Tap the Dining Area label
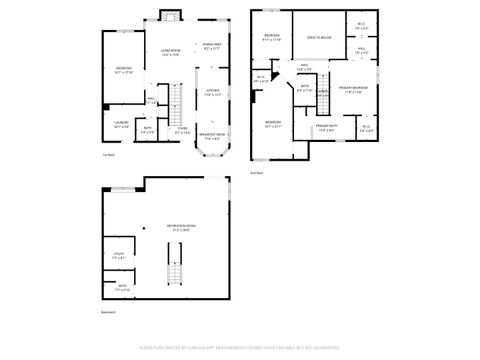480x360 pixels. [x=212, y=45]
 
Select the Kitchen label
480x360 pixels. [x=212, y=93]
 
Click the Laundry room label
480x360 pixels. [x=121, y=125]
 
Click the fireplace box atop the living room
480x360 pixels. [x=168, y=16]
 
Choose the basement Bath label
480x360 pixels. [x=123, y=287]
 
